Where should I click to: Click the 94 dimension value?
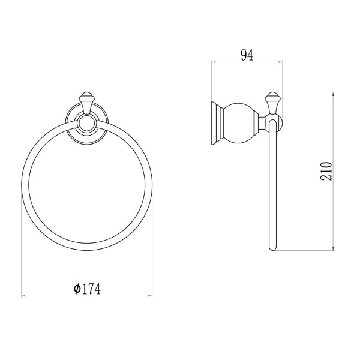247,55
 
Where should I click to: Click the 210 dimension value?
326,171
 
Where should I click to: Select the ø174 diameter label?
87,289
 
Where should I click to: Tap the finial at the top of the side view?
272,103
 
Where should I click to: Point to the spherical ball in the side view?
239,122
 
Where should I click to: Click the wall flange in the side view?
217,123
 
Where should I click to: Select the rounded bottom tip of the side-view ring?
272,248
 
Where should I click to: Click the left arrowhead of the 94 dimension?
213,62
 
